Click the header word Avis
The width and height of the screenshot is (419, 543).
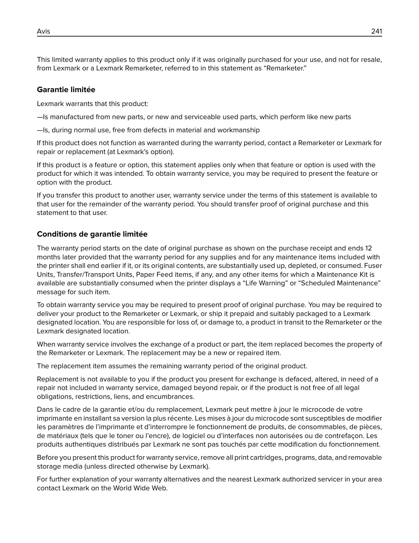coord(43,31)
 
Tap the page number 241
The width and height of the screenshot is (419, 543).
coord(376,31)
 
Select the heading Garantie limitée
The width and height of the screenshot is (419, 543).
coord(66,90)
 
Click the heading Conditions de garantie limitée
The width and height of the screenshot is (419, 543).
coord(92,234)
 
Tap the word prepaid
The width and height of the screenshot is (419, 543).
coord(231,314)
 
